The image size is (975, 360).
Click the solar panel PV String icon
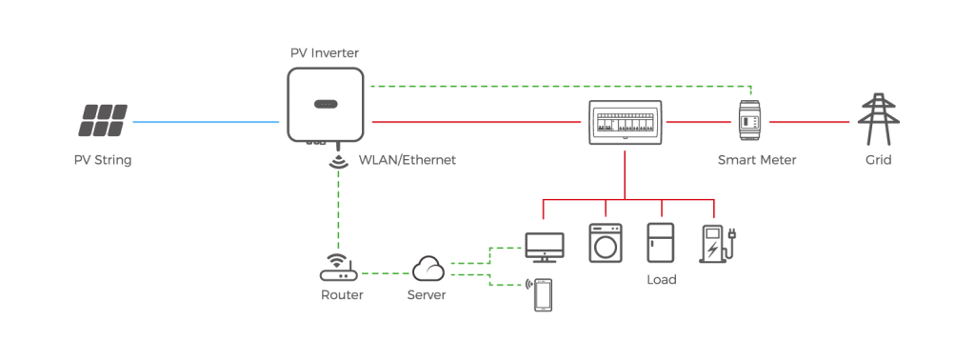tap(103, 122)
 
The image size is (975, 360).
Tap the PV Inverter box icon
tap(325, 104)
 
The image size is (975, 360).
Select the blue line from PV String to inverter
tap(205, 123)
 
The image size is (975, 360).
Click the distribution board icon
tap(625, 122)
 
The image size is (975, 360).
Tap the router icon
tap(335, 270)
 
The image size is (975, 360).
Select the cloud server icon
tap(428, 270)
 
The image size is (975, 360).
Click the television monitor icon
tap(545, 247)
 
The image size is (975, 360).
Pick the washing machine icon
tap(604, 243)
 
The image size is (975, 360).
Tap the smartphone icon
tap(542, 295)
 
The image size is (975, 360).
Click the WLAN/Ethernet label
tap(408, 160)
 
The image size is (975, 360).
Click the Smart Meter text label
tap(756, 160)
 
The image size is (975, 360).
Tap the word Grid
tap(878, 160)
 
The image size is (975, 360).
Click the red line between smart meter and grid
tap(808, 123)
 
